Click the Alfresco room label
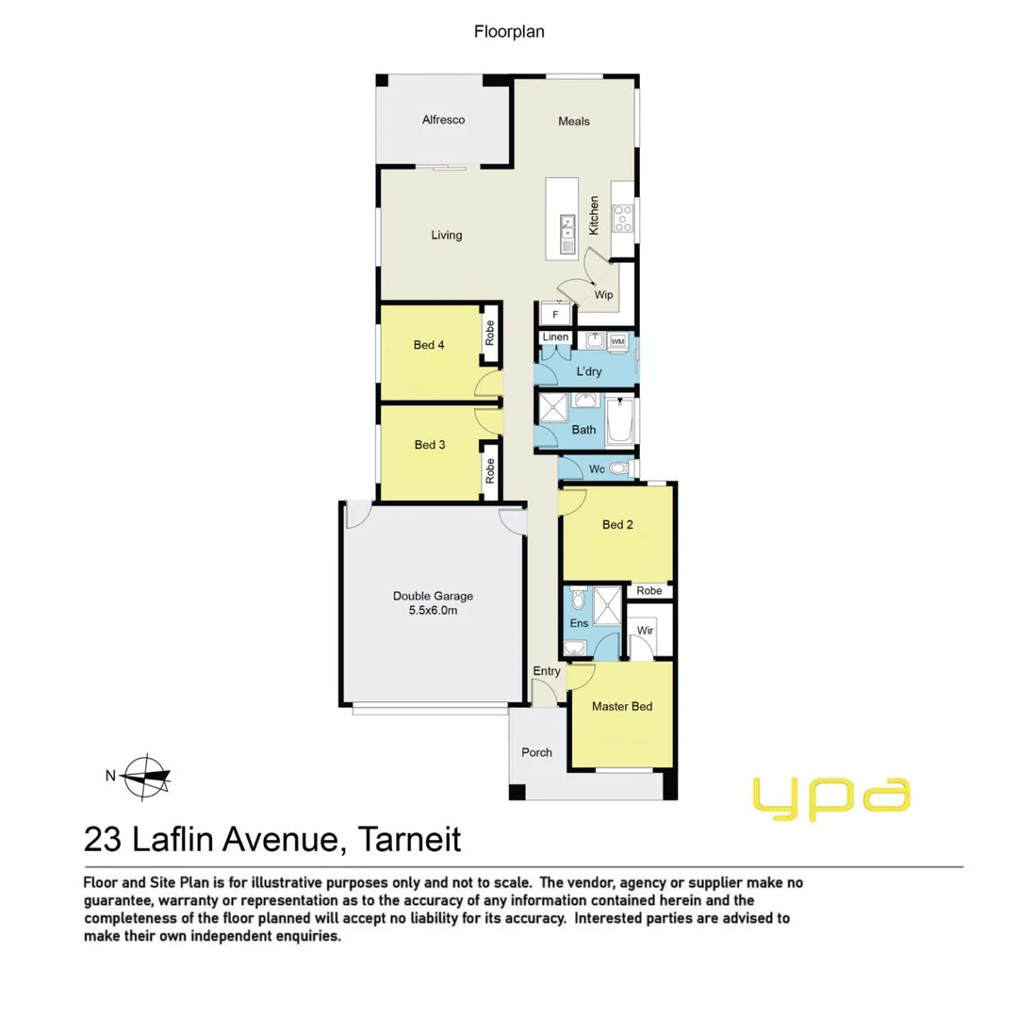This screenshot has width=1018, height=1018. (x=443, y=120)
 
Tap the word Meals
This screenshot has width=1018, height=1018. (x=573, y=121)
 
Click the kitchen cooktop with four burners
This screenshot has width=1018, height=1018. (x=623, y=219)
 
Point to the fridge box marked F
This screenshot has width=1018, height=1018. (x=555, y=314)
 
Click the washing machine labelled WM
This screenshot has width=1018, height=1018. (x=618, y=341)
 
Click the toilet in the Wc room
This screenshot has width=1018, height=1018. (x=619, y=468)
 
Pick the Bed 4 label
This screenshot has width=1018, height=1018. (x=429, y=345)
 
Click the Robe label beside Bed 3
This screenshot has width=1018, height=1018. (x=489, y=469)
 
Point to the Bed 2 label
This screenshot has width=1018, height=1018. (x=616, y=524)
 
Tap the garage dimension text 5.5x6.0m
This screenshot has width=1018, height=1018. (x=433, y=611)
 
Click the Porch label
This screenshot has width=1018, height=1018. (x=536, y=752)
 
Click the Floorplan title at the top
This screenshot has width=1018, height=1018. (x=509, y=31)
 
